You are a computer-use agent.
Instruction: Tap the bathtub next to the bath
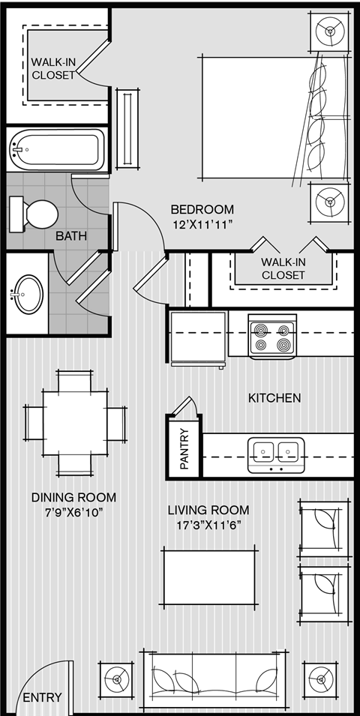point(57,149)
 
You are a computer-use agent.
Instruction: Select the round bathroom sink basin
point(28,295)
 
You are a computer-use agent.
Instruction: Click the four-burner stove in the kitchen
point(272,337)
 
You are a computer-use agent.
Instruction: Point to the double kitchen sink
point(276,455)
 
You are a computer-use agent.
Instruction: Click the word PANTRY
point(184,449)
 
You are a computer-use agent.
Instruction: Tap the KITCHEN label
point(274,397)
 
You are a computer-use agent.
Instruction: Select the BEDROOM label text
point(202,210)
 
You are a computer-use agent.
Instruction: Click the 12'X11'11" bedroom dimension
point(202,225)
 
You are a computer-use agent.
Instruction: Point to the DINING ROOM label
point(73,497)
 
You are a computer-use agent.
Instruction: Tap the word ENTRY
point(42,698)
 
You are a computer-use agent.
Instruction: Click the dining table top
point(76,422)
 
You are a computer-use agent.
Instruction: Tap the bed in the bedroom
point(274,118)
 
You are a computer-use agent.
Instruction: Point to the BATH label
point(71,236)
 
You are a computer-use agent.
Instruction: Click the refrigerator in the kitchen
point(198,339)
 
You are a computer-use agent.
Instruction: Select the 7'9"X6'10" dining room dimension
point(73,512)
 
